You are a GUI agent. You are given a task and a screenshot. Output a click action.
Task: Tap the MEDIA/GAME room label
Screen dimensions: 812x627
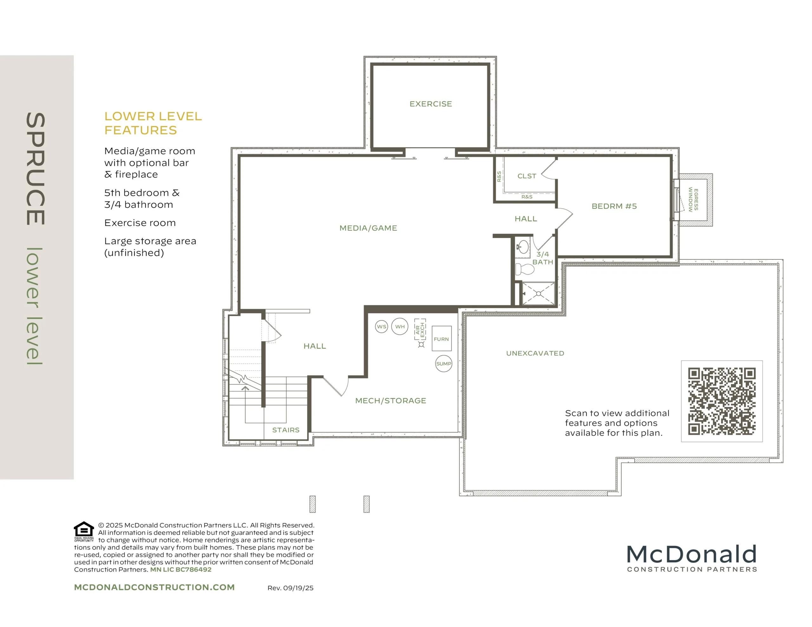tap(368, 228)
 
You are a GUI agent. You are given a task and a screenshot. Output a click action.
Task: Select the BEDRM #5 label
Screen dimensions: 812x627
tap(614, 206)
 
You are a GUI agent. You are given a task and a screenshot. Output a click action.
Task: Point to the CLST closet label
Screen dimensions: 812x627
tap(527, 176)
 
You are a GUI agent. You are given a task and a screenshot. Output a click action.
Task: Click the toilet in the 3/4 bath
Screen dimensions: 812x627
tap(525, 269)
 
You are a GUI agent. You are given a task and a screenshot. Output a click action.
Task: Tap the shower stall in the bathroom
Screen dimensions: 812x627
tap(538, 294)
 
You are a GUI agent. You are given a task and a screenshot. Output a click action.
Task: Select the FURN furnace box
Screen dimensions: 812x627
tap(441, 339)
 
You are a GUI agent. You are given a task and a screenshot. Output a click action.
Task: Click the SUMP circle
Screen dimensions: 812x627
tap(443, 364)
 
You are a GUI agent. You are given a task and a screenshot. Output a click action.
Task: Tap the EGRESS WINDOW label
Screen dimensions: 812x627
tap(693, 200)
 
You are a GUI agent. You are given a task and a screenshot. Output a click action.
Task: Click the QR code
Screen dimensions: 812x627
tap(722, 401)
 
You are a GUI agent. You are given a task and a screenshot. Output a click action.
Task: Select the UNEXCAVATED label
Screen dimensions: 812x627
tap(535, 353)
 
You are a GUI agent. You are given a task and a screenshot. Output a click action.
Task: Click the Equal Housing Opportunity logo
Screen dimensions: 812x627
tap(84, 532)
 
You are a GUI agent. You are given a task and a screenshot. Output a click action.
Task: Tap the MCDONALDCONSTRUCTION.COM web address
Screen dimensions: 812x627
tap(154, 588)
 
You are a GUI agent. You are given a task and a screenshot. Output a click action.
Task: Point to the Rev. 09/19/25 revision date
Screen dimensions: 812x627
tap(290, 588)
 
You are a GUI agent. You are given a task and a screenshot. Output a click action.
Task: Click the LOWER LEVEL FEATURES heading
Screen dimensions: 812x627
tap(153, 123)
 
